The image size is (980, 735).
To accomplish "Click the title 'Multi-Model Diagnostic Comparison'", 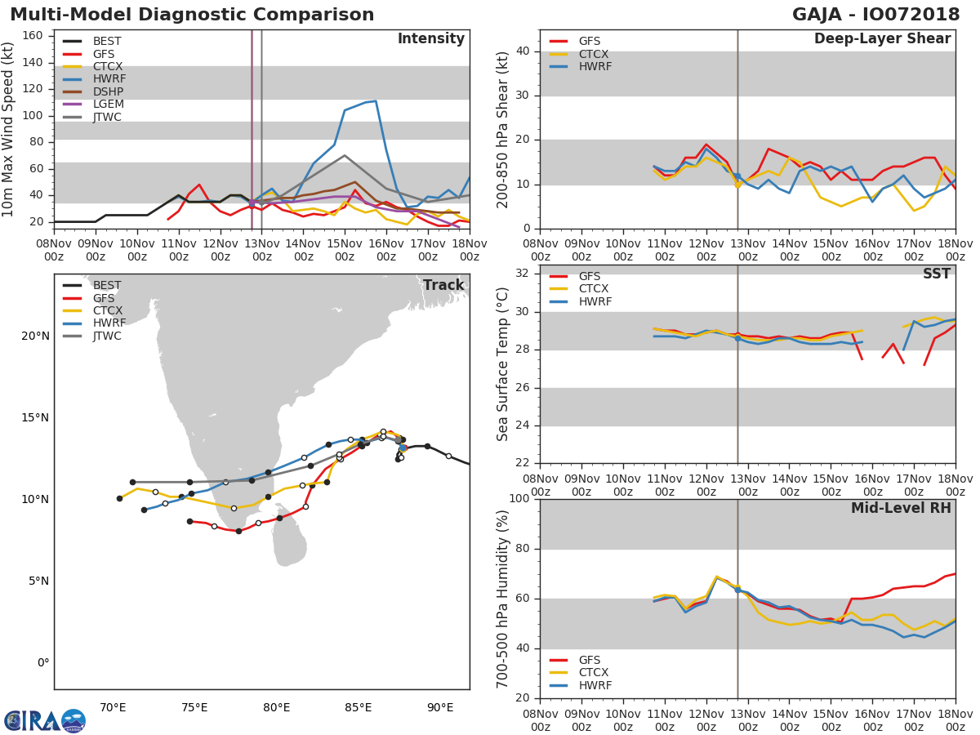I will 192,15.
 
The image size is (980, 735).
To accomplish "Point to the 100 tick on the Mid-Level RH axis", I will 518,499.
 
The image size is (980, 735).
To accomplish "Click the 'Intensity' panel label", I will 430,39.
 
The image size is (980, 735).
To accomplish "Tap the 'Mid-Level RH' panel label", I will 901,509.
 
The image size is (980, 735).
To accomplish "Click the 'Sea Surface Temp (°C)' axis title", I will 503,364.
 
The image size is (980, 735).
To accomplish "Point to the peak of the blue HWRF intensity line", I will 375,100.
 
